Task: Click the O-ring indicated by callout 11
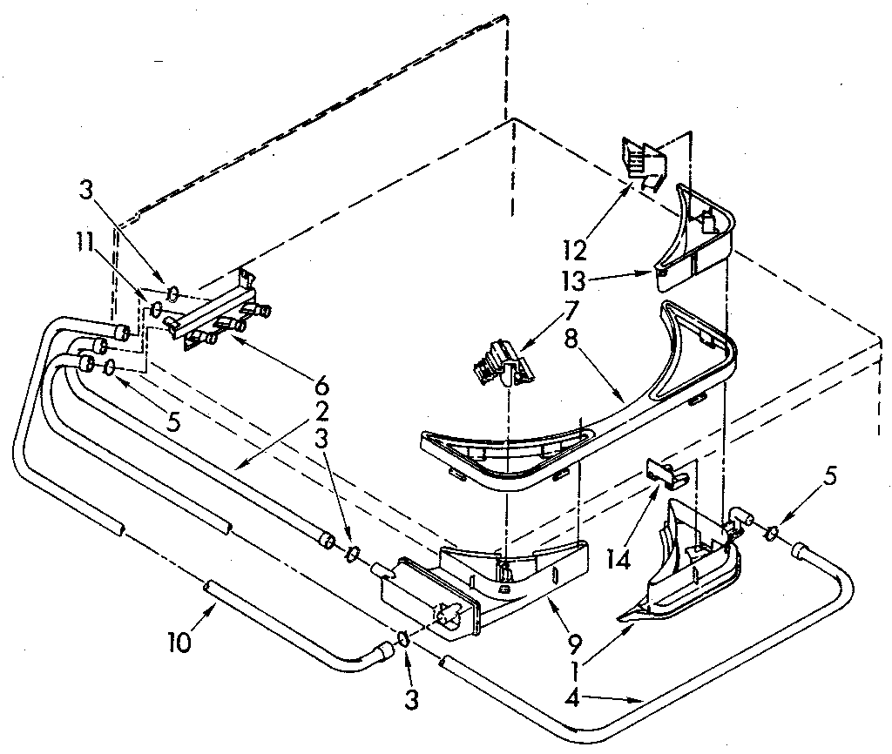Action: tap(157, 307)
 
